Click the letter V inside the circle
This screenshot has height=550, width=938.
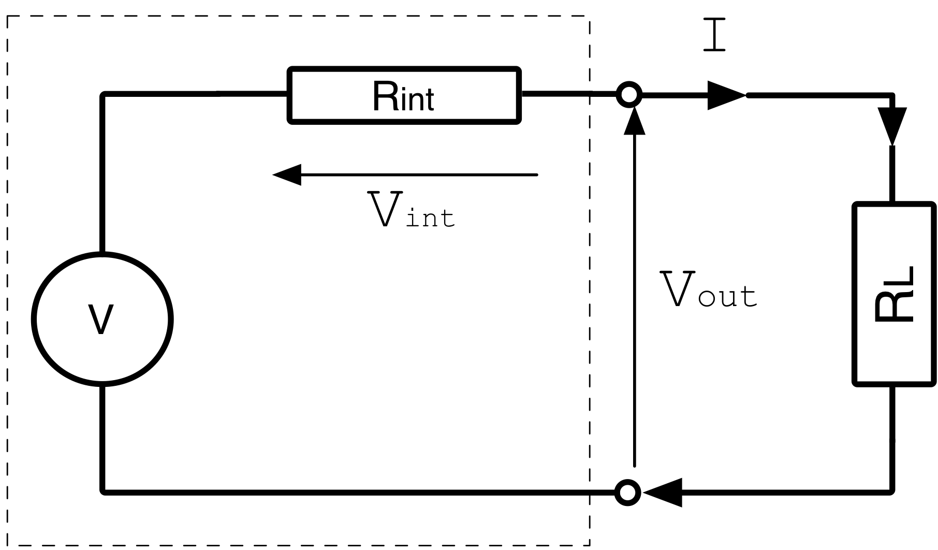pos(101,320)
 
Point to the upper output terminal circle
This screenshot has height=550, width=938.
pos(629,95)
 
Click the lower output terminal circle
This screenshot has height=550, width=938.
pos(628,493)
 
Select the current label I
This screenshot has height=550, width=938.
pos(714,35)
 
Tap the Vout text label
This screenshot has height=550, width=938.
pos(708,291)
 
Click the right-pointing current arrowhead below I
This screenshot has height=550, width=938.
pos(726,95)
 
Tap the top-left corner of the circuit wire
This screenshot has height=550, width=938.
pos(104,95)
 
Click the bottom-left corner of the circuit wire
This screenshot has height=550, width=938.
pos(104,491)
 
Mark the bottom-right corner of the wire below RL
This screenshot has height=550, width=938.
pos(892,491)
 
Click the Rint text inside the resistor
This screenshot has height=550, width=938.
pos(403,97)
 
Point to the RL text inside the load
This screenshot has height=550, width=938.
pos(895,294)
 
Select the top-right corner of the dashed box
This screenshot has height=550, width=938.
pos(589,17)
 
